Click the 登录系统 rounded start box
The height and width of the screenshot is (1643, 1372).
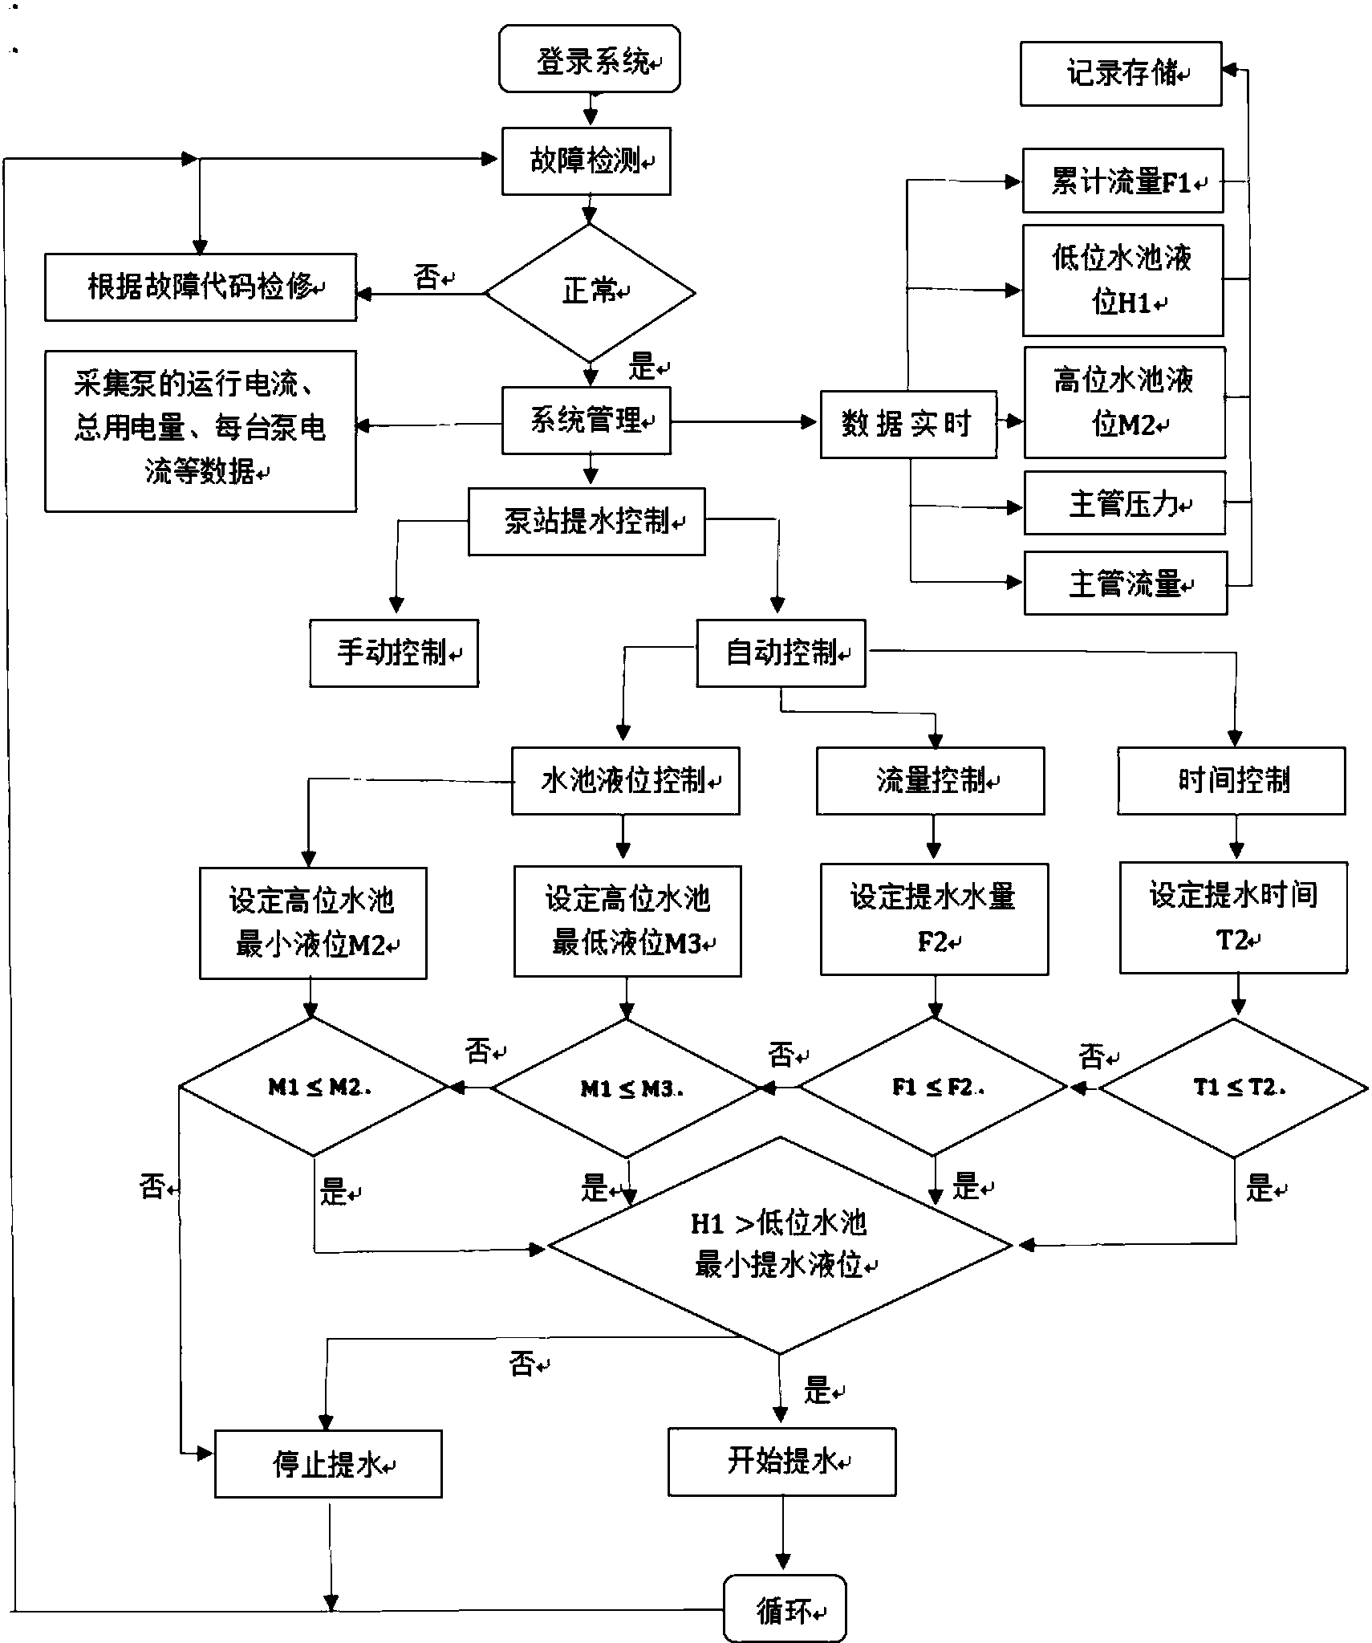point(589,59)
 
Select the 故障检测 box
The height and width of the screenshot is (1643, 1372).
point(586,161)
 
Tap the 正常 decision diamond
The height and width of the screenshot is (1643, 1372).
point(590,293)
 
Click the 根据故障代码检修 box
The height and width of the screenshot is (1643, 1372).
point(200,287)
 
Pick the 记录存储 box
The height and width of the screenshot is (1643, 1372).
point(1120,74)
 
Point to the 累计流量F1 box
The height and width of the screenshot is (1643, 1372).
point(1122,181)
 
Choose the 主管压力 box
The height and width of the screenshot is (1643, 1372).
point(1124,503)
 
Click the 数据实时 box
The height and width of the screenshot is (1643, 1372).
point(907,425)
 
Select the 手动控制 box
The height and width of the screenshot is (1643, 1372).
point(394,653)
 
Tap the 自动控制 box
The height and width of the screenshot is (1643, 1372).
point(780,653)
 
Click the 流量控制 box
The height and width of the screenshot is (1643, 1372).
point(930,780)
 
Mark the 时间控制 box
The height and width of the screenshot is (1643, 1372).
point(1231,780)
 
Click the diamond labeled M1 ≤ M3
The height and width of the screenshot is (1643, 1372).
point(626,1088)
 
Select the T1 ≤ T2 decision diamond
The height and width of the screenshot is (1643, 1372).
point(1234,1088)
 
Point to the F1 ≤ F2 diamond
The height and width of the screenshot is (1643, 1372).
point(933,1087)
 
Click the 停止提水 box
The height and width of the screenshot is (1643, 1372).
point(327,1464)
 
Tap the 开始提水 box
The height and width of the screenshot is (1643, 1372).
point(781,1462)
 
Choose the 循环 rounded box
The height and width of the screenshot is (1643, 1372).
point(784,1609)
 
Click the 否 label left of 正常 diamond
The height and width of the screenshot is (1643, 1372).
point(427,278)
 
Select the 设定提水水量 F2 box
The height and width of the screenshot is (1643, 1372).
point(933,919)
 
